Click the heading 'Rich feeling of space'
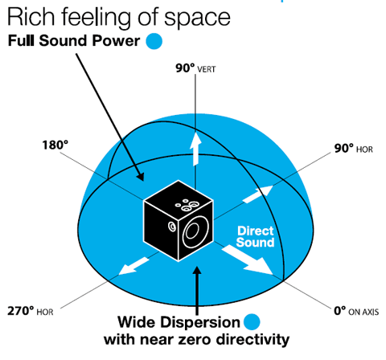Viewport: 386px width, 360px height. point(119,18)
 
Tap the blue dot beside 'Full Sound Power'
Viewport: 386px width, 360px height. point(154,41)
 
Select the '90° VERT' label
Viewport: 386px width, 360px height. point(195,68)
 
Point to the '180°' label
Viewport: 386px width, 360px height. point(55,145)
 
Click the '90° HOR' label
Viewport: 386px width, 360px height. point(353,148)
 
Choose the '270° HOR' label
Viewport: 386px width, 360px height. point(31,311)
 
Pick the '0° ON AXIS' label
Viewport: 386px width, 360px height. point(356,311)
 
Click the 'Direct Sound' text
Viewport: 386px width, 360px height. point(256,237)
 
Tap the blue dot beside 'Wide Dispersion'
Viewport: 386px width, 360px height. point(252,322)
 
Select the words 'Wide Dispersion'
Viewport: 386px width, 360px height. point(179,322)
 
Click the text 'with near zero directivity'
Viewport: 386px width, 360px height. point(196,340)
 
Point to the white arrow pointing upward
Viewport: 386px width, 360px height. point(195,149)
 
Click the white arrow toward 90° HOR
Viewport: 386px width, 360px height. point(257,194)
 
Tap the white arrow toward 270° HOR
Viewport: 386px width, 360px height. point(133,266)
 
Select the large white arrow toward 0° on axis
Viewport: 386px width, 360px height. point(248,260)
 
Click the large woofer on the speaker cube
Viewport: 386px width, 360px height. point(195,232)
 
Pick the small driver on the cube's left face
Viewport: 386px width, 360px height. point(172,227)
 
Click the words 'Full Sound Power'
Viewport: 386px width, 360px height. point(74,41)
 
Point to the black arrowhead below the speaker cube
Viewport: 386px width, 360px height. point(197,271)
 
